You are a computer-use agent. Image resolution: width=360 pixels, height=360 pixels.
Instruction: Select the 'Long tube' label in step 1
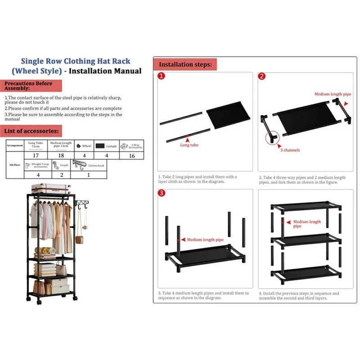pos(189,145)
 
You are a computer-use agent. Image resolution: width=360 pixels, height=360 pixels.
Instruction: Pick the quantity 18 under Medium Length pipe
pos(62,155)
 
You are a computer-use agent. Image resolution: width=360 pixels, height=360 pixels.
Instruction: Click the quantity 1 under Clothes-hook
pos(88,175)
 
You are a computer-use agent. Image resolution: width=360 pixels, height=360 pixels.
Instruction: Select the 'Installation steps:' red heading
pos(185,64)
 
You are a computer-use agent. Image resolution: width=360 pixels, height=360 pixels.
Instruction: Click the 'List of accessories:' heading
pos(31,131)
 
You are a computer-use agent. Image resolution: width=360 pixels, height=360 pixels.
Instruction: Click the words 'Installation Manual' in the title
pos(108,71)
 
